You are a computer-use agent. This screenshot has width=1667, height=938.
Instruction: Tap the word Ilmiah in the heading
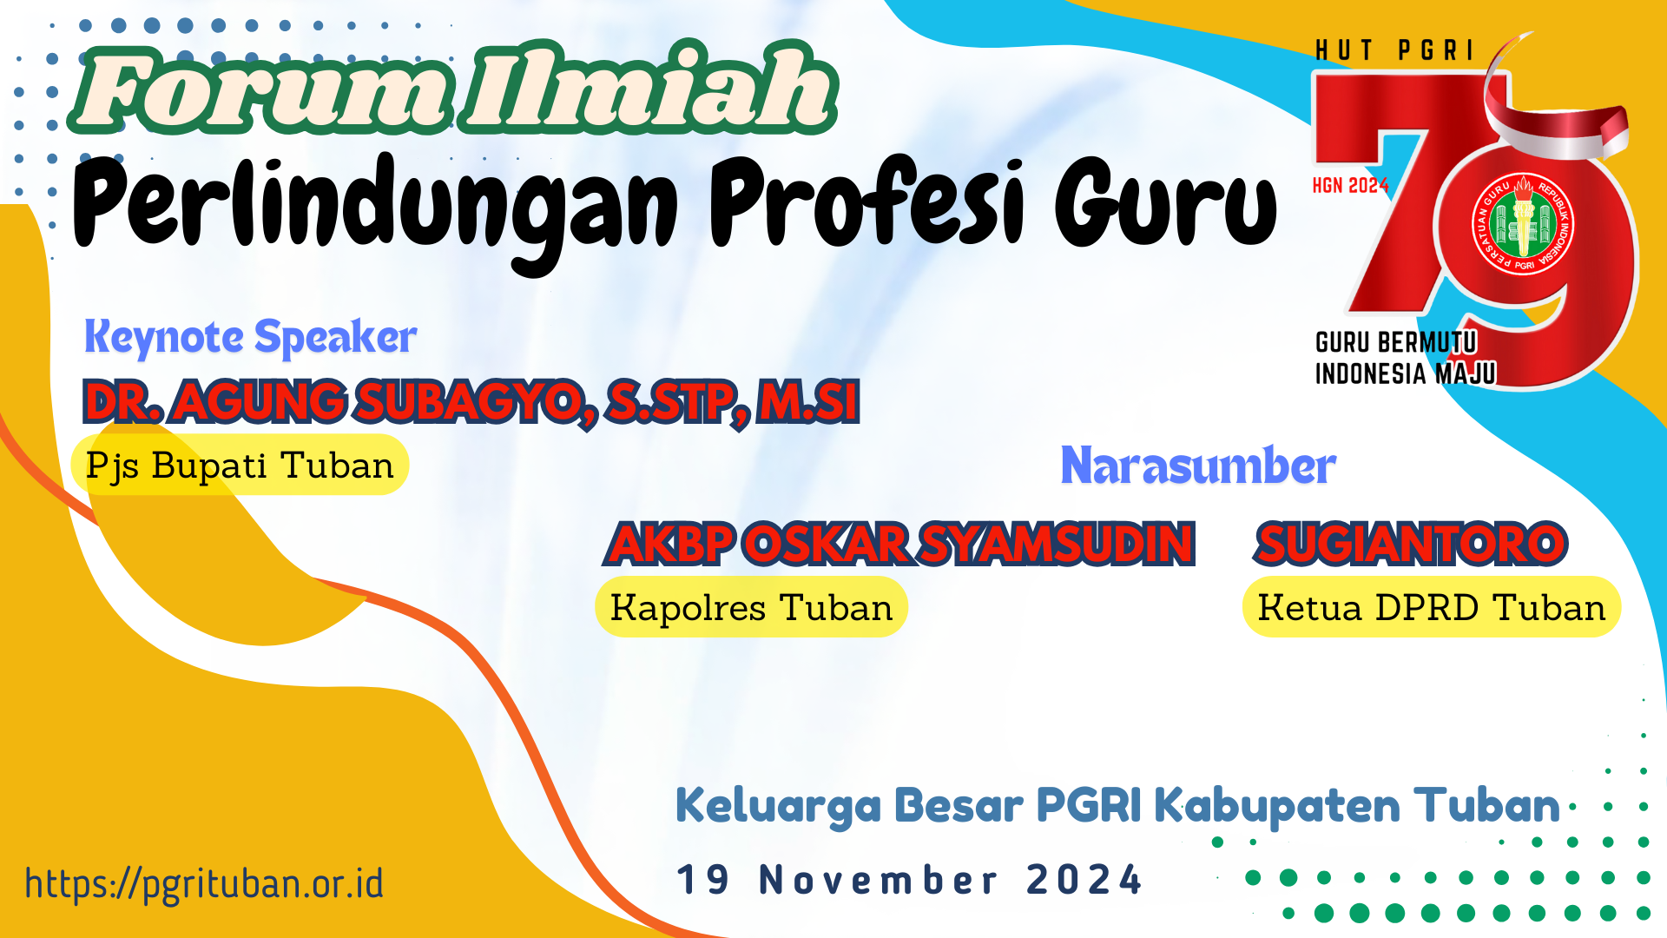click(649, 87)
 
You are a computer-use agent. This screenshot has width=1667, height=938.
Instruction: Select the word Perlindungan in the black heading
click(376, 208)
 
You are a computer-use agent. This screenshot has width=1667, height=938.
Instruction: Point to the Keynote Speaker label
click(250, 337)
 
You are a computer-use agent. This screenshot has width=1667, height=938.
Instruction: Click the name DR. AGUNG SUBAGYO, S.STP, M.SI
click(471, 402)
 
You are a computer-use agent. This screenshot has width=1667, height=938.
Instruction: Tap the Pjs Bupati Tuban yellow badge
click(240, 466)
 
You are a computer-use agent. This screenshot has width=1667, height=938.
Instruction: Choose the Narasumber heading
click(1198, 466)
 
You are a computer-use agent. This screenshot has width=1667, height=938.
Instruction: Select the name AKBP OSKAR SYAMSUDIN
click(900, 544)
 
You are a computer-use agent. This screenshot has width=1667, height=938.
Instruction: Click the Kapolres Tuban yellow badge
click(751, 607)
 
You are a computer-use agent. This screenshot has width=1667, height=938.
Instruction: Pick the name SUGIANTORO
click(1411, 544)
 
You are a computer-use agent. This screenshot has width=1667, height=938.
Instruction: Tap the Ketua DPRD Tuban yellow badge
click(1432, 607)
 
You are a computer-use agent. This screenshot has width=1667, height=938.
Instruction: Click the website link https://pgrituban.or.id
click(204, 883)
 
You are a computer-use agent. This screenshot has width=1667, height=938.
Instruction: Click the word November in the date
click(879, 880)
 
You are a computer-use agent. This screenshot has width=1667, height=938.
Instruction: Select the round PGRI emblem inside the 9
click(1524, 224)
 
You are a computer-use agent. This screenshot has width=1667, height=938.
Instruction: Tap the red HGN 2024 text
click(1351, 185)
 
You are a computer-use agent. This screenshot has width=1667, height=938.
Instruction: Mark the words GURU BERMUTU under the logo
click(1396, 342)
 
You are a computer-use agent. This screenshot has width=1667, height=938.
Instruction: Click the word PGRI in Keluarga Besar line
click(1089, 805)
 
